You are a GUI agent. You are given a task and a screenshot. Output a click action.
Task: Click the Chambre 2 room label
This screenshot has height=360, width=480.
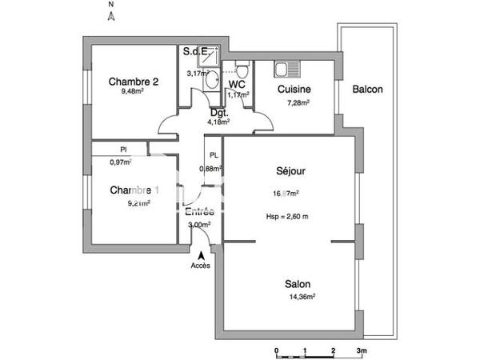click(134, 80)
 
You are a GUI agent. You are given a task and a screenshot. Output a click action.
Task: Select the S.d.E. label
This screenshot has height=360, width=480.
click(196, 52)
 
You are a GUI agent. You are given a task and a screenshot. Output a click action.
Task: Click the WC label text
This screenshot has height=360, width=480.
click(237, 84)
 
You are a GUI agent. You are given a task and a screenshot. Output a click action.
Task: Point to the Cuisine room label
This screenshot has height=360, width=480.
click(294, 90)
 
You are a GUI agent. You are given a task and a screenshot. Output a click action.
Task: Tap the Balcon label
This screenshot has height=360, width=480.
click(367, 90)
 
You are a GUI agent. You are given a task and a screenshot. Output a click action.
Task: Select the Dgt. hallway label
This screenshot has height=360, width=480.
click(218, 113)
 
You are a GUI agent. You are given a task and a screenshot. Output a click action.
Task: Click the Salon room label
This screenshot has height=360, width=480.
click(298, 284)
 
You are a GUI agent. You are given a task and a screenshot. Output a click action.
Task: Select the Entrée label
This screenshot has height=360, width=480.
click(199, 213)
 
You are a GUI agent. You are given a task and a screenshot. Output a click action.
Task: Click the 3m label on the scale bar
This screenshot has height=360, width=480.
click(361, 350)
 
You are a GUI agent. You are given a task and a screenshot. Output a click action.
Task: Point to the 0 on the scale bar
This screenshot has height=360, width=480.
click(275, 350)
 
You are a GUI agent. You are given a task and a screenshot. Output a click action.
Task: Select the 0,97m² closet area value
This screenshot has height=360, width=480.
click(121, 162)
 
